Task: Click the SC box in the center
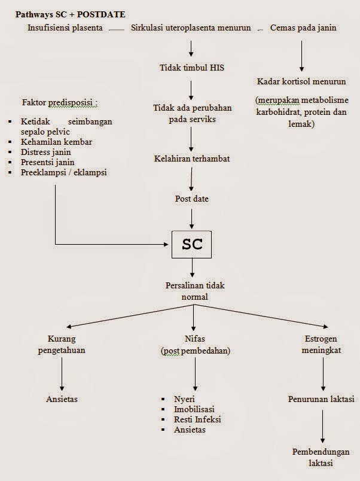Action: pos(191,244)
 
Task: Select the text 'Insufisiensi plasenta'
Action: pos(65,28)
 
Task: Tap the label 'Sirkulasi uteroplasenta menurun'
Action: pos(191,28)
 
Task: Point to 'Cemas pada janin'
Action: pos(303,28)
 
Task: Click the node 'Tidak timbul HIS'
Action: pos(191,68)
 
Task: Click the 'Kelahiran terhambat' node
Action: pos(191,159)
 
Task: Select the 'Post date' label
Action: pos(191,199)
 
